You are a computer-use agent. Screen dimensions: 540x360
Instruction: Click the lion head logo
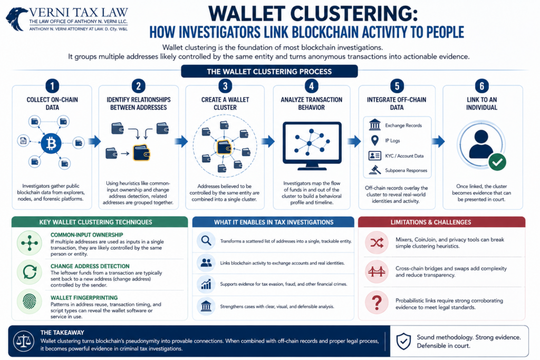16,18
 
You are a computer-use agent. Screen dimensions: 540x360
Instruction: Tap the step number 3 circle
225,86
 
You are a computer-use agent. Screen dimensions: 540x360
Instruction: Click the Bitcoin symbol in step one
51,143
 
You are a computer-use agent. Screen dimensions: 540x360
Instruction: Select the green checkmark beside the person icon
497,162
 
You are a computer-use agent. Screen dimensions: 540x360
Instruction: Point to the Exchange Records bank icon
375,124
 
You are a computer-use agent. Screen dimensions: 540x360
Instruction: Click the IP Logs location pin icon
375,140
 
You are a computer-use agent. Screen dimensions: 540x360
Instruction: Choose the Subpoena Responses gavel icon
375,170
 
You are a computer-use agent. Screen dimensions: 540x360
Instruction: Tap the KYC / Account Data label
404,156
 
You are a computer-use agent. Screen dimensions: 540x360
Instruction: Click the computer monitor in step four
312,146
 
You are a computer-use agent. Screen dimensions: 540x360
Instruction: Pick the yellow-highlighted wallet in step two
141,153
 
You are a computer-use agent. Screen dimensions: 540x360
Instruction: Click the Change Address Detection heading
90,266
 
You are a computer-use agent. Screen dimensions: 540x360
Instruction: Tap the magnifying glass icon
206,240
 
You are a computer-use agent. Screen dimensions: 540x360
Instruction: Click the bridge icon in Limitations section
377,272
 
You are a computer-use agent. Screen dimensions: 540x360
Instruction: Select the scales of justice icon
23,341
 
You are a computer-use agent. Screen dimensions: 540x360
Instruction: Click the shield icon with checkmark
403,341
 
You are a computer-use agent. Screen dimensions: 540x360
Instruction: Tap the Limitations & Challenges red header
442,222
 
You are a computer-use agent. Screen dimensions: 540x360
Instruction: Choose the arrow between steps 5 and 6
438,141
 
